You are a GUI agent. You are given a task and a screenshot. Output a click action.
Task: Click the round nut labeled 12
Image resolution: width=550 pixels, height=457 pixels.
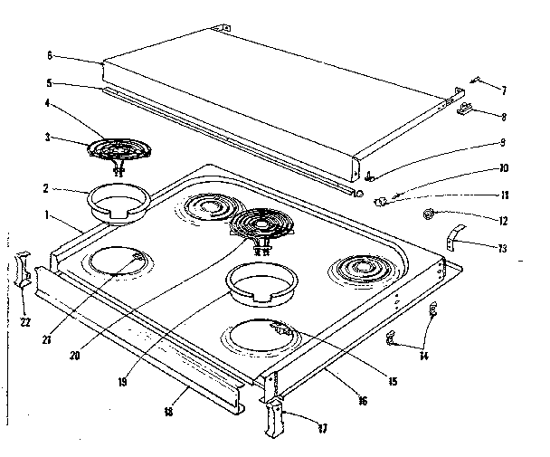[428, 215]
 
